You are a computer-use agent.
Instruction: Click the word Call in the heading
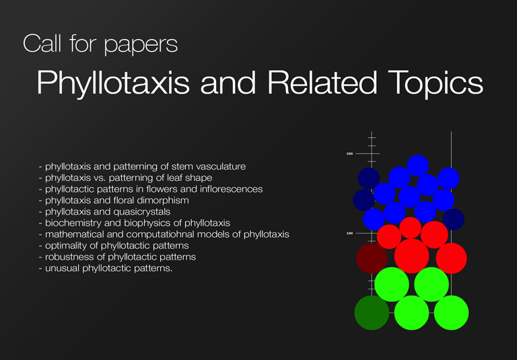coord(42,43)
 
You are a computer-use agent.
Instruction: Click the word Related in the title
coord(322,82)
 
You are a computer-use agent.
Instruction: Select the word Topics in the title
coord(436,84)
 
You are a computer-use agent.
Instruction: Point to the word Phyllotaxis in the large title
coord(113,84)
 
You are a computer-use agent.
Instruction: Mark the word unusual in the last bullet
coord(63,268)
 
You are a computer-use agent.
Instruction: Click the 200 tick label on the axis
coord(349,153)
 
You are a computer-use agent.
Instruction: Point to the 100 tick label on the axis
coord(349,233)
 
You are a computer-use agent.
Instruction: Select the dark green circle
coord(372,312)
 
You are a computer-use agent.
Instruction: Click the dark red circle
coord(372,258)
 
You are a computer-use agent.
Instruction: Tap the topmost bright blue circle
coord(418,166)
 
